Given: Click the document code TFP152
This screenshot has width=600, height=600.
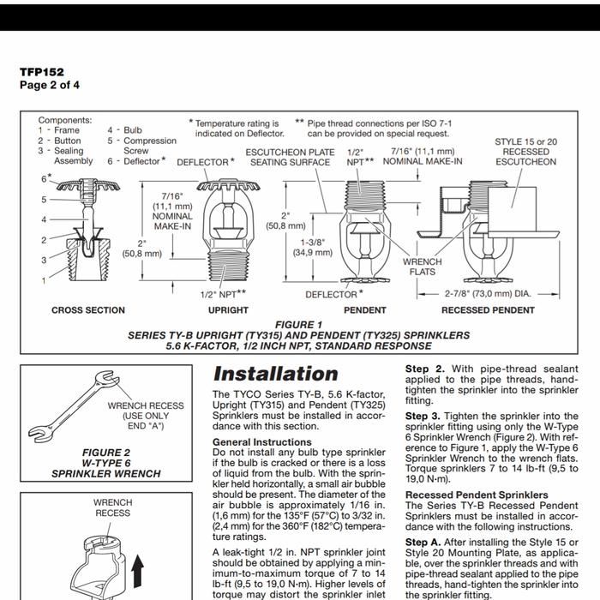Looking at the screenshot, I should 42,72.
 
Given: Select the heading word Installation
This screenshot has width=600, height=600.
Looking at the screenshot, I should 275,374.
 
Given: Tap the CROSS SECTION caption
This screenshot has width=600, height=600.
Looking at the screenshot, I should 87,310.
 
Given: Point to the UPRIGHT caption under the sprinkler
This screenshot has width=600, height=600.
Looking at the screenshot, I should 228,310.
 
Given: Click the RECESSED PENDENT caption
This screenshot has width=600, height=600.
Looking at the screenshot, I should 488,310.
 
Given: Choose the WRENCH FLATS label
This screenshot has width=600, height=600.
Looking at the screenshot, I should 422,267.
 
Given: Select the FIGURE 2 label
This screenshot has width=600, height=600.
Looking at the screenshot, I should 106,453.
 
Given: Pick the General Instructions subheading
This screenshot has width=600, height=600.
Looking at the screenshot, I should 261,441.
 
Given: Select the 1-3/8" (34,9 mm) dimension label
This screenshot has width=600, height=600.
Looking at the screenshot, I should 313,248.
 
